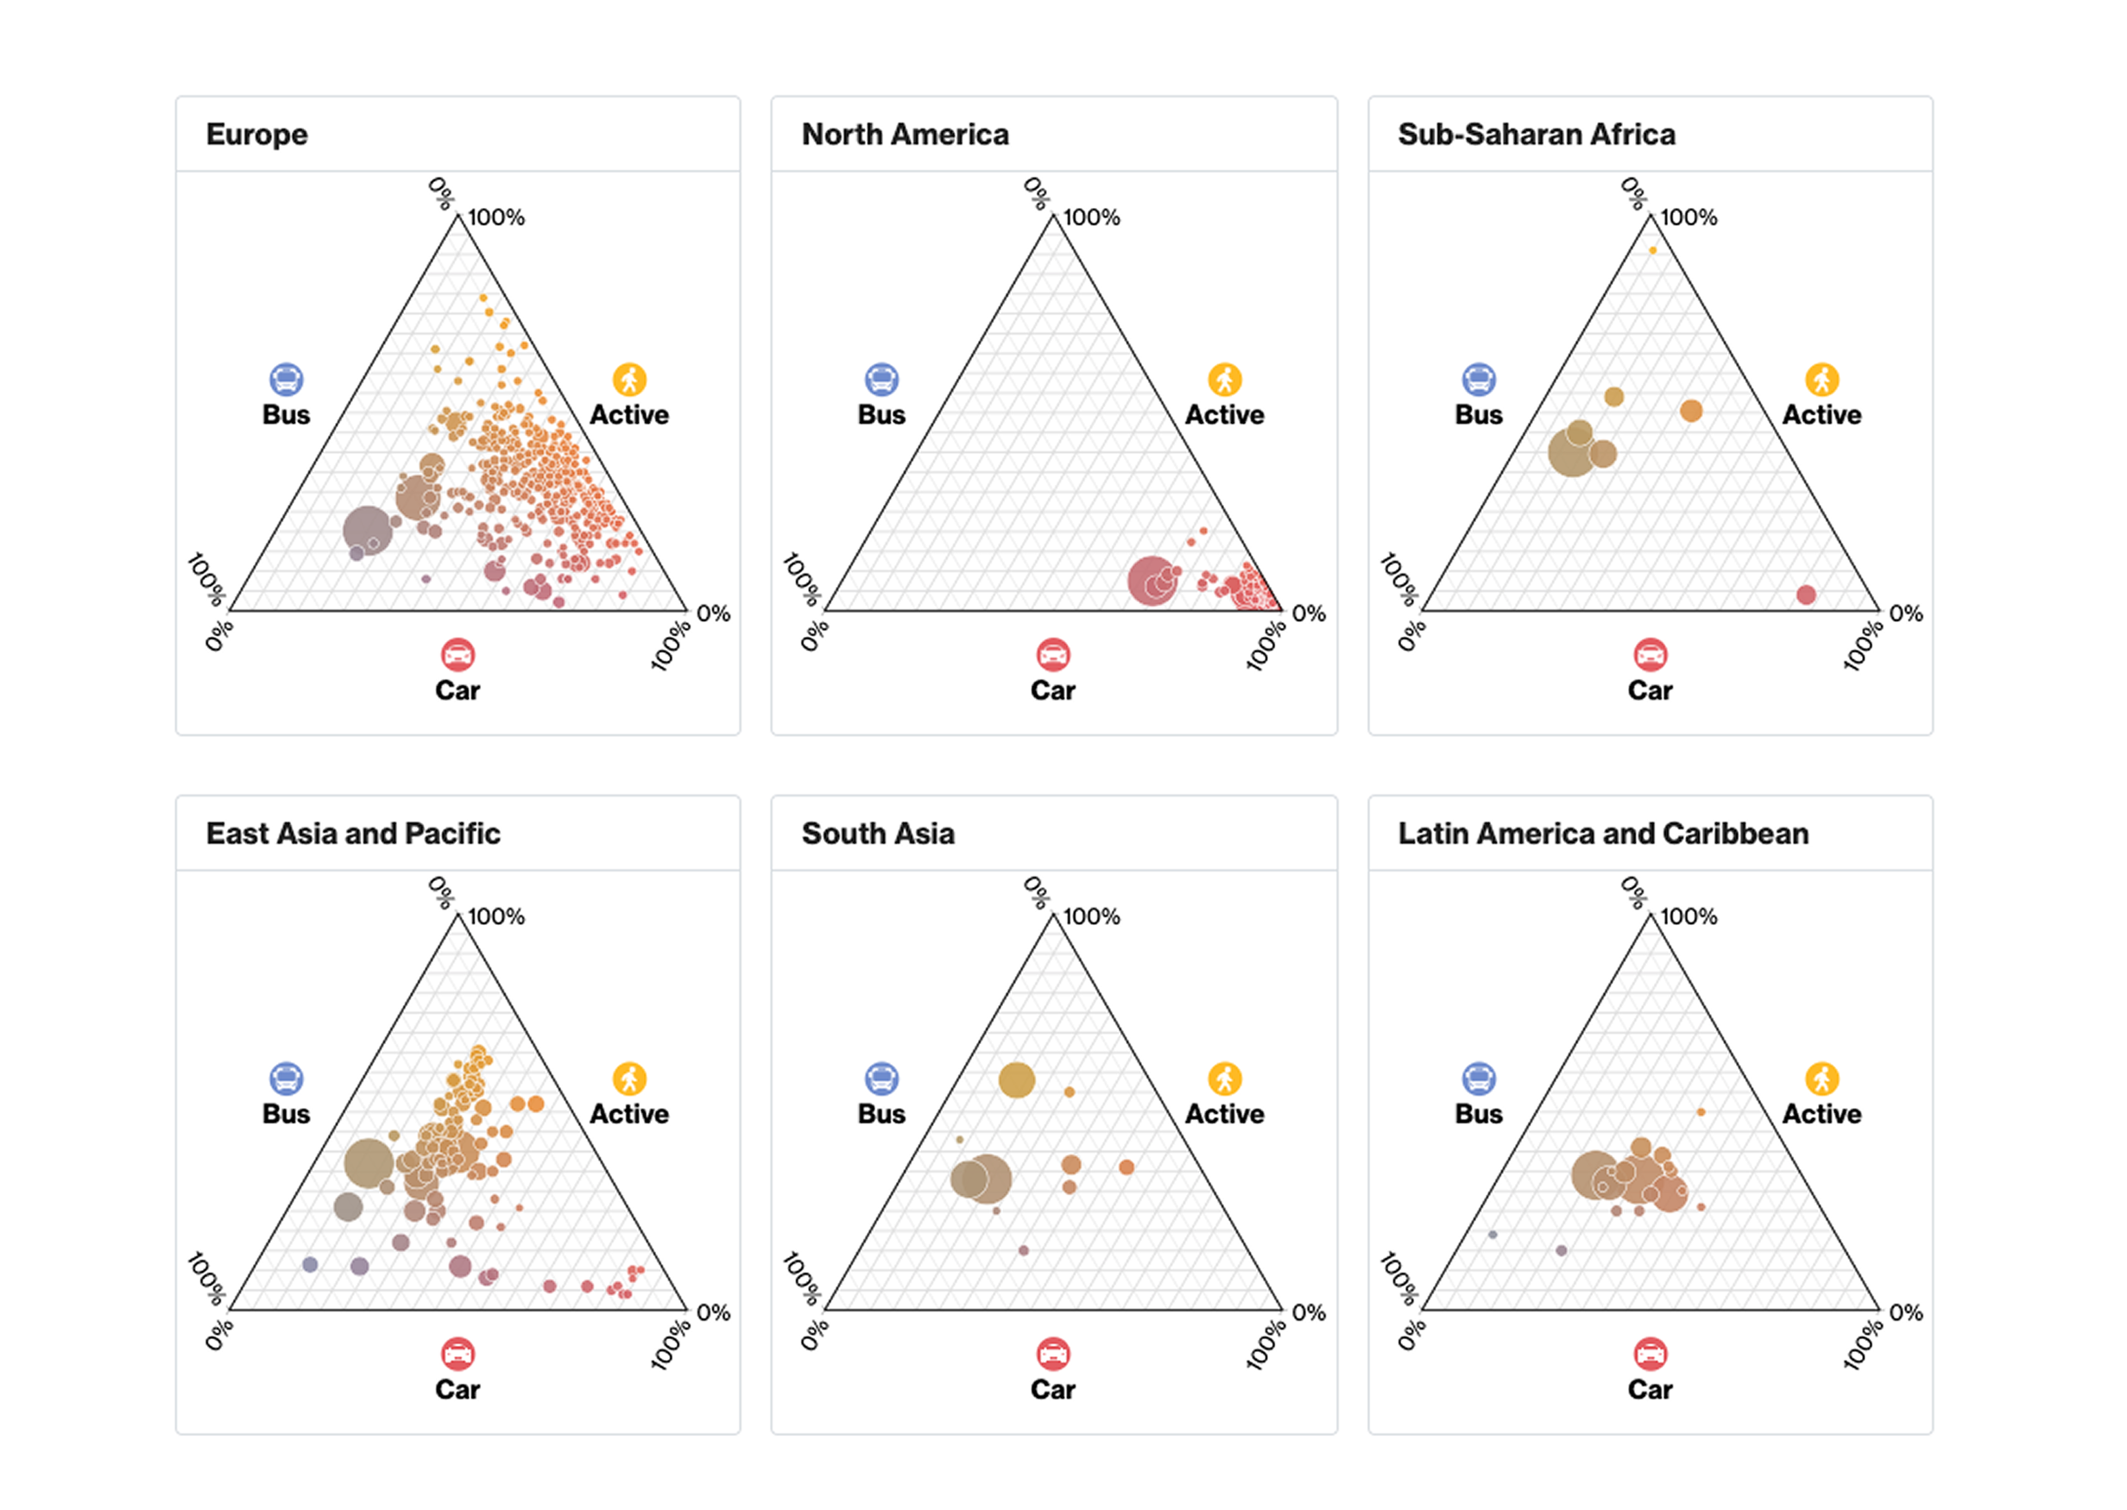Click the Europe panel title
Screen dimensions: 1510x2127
(x=256, y=135)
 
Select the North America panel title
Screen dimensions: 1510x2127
(x=904, y=135)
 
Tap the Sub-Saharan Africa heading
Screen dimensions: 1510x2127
(x=1536, y=135)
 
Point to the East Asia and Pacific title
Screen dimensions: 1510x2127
(x=352, y=834)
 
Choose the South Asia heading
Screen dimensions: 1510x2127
(x=877, y=834)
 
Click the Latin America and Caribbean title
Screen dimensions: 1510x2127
(x=1602, y=834)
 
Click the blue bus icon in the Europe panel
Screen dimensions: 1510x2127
(x=286, y=380)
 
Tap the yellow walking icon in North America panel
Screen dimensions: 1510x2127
(x=1224, y=380)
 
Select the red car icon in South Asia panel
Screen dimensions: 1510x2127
(x=1053, y=1354)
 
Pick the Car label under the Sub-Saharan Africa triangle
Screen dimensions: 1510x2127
(x=1649, y=691)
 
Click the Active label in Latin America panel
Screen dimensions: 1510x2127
(x=1821, y=1114)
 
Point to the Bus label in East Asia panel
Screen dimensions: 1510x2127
(x=286, y=1114)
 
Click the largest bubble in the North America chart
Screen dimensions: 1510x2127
(x=1152, y=581)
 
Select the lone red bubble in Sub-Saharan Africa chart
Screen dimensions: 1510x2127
(x=1805, y=595)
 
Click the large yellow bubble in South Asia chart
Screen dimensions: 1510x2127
(x=1017, y=1079)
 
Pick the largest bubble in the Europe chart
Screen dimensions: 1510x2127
(x=368, y=530)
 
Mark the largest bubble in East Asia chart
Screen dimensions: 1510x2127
(x=369, y=1162)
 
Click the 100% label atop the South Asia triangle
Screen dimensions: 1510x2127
(x=1091, y=916)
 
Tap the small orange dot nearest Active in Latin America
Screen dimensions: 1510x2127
(x=1701, y=1112)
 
